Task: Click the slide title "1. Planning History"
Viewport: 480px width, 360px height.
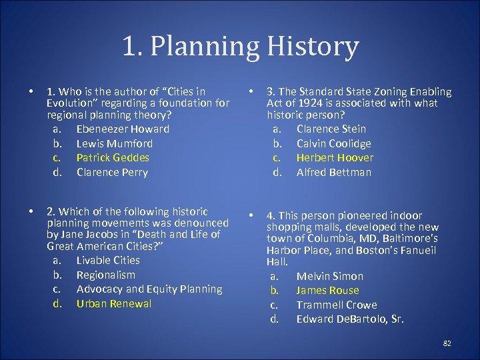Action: (x=240, y=47)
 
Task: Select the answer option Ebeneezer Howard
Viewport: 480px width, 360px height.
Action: (x=123, y=129)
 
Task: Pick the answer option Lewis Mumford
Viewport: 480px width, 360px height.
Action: (x=114, y=143)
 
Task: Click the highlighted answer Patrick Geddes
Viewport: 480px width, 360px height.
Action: (x=113, y=157)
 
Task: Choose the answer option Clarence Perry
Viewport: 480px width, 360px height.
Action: (x=112, y=172)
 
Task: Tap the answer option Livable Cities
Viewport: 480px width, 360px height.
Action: (x=108, y=260)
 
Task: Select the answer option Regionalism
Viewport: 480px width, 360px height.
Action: (x=105, y=275)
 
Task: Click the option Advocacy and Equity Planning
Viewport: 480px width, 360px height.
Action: (x=149, y=289)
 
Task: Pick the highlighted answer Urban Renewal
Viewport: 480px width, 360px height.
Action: (x=114, y=303)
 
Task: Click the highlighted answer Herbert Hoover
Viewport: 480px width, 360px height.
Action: (x=335, y=157)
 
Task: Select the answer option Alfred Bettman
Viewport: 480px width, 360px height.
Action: (x=333, y=172)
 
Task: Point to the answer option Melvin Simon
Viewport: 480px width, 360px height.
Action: (x=329, y=276)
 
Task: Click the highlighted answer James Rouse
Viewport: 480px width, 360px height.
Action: (x=327, y=290)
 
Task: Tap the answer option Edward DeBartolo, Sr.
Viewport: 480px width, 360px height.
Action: (x=350, y=319)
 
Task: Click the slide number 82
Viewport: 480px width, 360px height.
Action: (x=447, y=343)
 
